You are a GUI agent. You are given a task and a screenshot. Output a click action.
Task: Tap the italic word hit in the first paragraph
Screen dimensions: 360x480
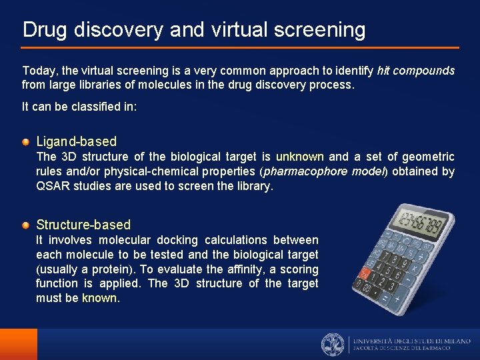(384, 70)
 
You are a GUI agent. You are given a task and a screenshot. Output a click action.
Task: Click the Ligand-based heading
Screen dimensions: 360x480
(76, 141)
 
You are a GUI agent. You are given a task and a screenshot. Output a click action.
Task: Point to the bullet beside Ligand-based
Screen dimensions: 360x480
(25, 141)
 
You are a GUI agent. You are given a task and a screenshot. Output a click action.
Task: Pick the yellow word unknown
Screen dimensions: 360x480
(300, 157)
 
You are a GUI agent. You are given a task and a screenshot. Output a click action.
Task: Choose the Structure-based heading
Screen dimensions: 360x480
(83, 225)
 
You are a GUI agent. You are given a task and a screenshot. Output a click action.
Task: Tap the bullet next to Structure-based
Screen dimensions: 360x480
(25, 225)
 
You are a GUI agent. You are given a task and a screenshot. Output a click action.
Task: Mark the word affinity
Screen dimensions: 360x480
(245, 269)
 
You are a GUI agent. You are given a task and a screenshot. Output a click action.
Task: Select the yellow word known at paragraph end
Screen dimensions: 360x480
(99, 298)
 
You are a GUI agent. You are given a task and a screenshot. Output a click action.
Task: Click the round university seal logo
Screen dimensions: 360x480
(333, 344)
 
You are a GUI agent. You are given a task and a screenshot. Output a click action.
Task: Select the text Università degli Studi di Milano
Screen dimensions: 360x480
(411, 340)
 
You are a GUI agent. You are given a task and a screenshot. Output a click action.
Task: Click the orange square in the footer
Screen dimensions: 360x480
(19, 344)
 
